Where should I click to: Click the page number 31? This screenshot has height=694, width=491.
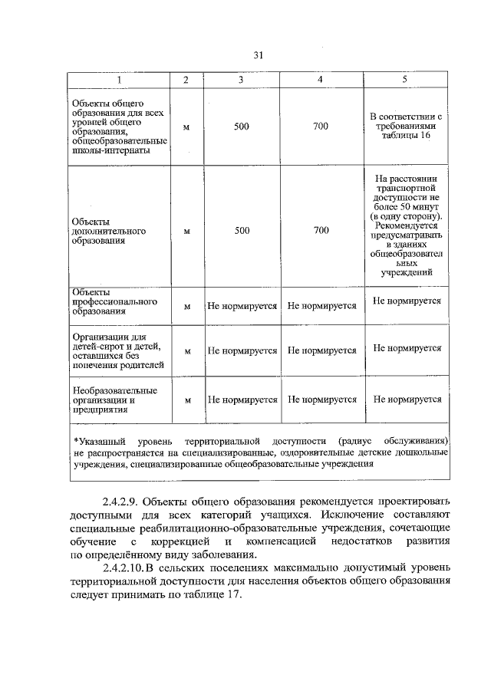tap(258, 54)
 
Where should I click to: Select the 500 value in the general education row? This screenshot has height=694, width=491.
tap(241, 127)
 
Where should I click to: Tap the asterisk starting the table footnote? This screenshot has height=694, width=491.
tap(75, 443)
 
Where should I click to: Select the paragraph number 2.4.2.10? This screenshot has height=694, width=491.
tap(125, 567)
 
